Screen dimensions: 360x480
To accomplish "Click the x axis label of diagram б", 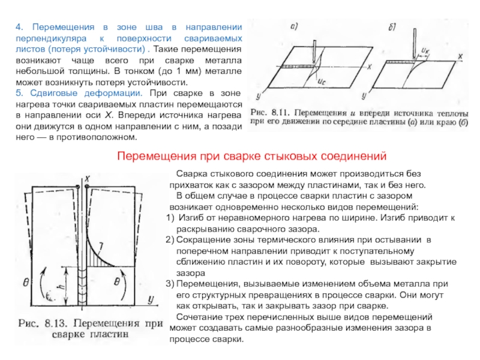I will click(459, 56).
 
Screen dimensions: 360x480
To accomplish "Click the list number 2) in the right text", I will click(169, 240).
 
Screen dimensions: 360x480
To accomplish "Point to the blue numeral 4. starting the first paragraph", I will click(19, 28).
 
